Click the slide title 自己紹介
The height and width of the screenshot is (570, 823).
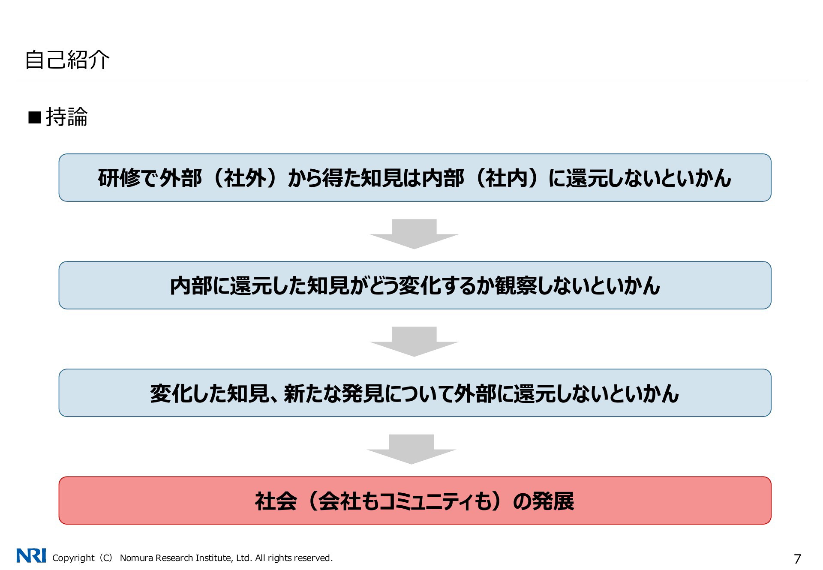coord(67,60)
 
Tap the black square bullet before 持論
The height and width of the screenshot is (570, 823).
coord(34,117)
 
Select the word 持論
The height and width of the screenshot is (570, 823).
coord(66,117)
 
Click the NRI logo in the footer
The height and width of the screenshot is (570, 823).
coord(31,555)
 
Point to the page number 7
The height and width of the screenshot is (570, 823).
coord(797,559)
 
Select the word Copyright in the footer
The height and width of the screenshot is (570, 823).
coord(73,558)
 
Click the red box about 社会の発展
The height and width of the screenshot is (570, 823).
coord(415,500)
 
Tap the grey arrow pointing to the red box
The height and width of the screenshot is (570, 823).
coord(411,449)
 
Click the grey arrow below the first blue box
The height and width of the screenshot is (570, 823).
coord(414,234)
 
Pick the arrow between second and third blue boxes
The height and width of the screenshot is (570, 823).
coord(414,342)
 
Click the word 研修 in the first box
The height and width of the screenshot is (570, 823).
coord(119,178)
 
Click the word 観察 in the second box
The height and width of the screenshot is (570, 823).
coord(515,285)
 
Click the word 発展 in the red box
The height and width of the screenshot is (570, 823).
coord(553,501)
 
